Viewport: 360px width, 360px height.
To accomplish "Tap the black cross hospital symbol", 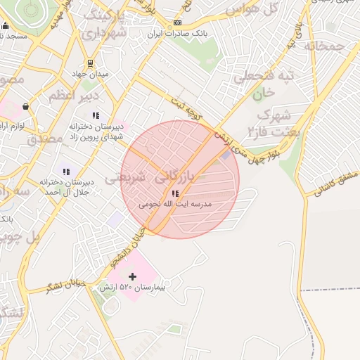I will [x=132, y=277].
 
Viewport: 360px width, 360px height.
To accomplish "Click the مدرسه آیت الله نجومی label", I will [x=175, y=204].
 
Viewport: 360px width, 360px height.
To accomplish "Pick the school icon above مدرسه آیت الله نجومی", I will [x=175, y=193].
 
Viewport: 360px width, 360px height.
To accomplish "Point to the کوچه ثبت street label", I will [x=188, y=110].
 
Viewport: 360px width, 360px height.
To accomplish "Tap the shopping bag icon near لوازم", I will [x=25, y=106].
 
